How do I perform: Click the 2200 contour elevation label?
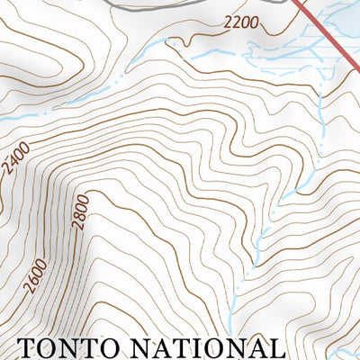(x=241, y=22)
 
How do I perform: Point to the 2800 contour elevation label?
(x=83, y=211)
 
